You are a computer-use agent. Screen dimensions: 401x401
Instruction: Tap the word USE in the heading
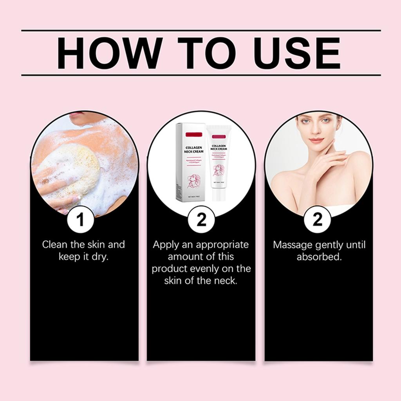(x=295, y=54)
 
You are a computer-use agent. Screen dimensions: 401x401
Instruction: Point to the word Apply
(x=165, y=245)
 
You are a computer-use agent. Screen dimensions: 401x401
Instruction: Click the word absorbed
(x=319, y=257)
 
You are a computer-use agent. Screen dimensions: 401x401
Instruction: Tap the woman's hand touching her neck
(x=329, y=161)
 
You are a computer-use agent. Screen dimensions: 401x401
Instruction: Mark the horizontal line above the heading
(x=200, y=30)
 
